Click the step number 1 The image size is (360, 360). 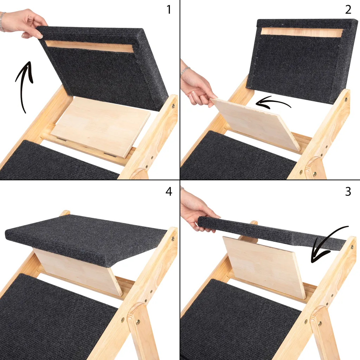point(169,9)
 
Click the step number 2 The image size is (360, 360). point(348,9)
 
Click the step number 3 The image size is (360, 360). point(348,192)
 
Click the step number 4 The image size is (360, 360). point(169,192)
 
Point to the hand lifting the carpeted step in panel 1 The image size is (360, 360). point(25,23)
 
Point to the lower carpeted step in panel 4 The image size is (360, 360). point(53,316)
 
